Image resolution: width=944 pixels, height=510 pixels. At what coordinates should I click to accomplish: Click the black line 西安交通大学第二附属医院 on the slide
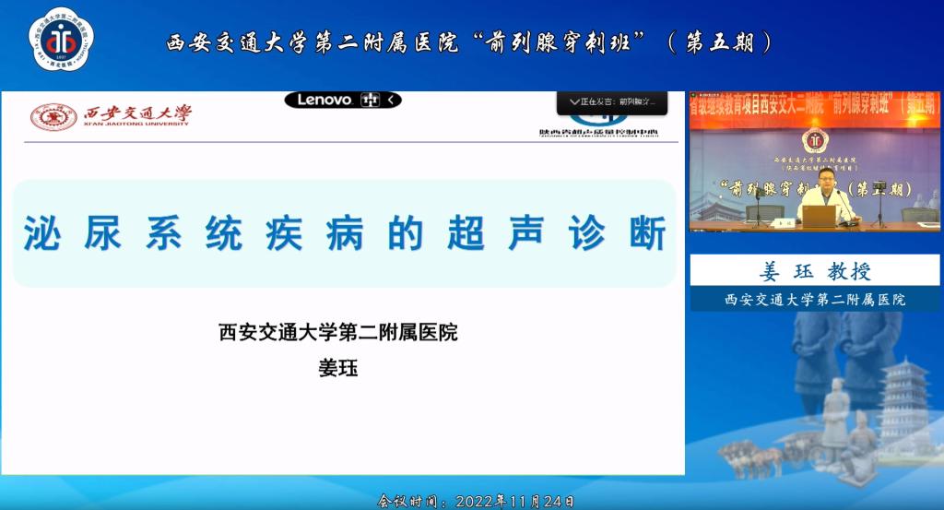(x=337, y=332)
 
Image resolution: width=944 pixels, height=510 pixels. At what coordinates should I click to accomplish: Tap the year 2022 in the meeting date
(x=476, y=502)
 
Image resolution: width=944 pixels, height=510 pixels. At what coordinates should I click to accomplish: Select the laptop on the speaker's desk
(x=819, y=216)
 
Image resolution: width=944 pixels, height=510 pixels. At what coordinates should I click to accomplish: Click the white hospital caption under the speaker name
(x=815, y=299)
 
